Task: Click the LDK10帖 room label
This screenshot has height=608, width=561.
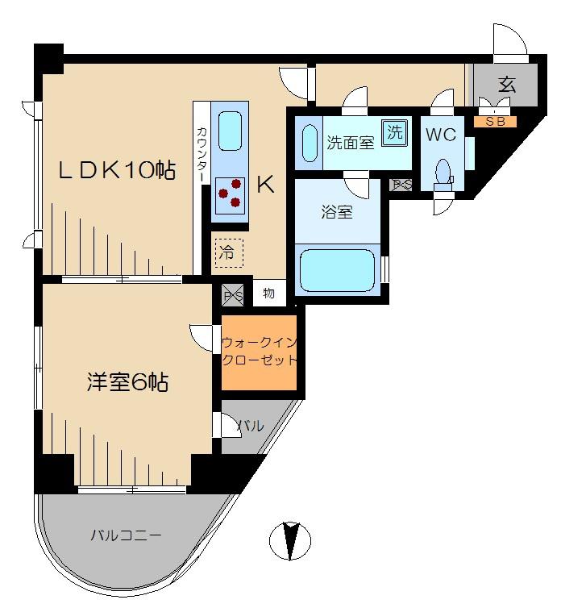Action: tap(117, 170)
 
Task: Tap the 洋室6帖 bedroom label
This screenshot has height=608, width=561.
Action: tap(127, 382)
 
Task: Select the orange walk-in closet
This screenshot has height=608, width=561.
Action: tap(259, 352)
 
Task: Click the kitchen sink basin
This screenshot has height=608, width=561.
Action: tap(230, 131)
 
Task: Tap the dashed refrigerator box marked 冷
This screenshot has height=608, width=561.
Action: tap(229, 253)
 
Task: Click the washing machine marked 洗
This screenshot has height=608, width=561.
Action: tap(395, 132)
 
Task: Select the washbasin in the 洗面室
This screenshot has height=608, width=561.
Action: tap(309, 143)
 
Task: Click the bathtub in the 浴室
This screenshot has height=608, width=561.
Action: tap(337, 270)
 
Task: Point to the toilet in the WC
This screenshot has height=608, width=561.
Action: tap(443, 176)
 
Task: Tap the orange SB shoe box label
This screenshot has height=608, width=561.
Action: tap(495, 122)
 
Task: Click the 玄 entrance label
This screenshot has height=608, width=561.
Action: tap(507, 84)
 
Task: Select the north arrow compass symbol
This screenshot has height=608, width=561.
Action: tap(290, 540)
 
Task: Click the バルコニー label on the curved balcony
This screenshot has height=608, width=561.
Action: tap(126, 535)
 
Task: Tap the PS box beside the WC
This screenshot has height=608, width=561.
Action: tap(401, 185)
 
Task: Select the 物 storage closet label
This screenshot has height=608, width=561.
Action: tap(268, 294)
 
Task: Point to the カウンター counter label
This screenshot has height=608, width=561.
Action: tap(202, 154)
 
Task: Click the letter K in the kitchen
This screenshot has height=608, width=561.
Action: tap(266, 184)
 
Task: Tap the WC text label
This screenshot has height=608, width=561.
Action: tap(441, 135)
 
